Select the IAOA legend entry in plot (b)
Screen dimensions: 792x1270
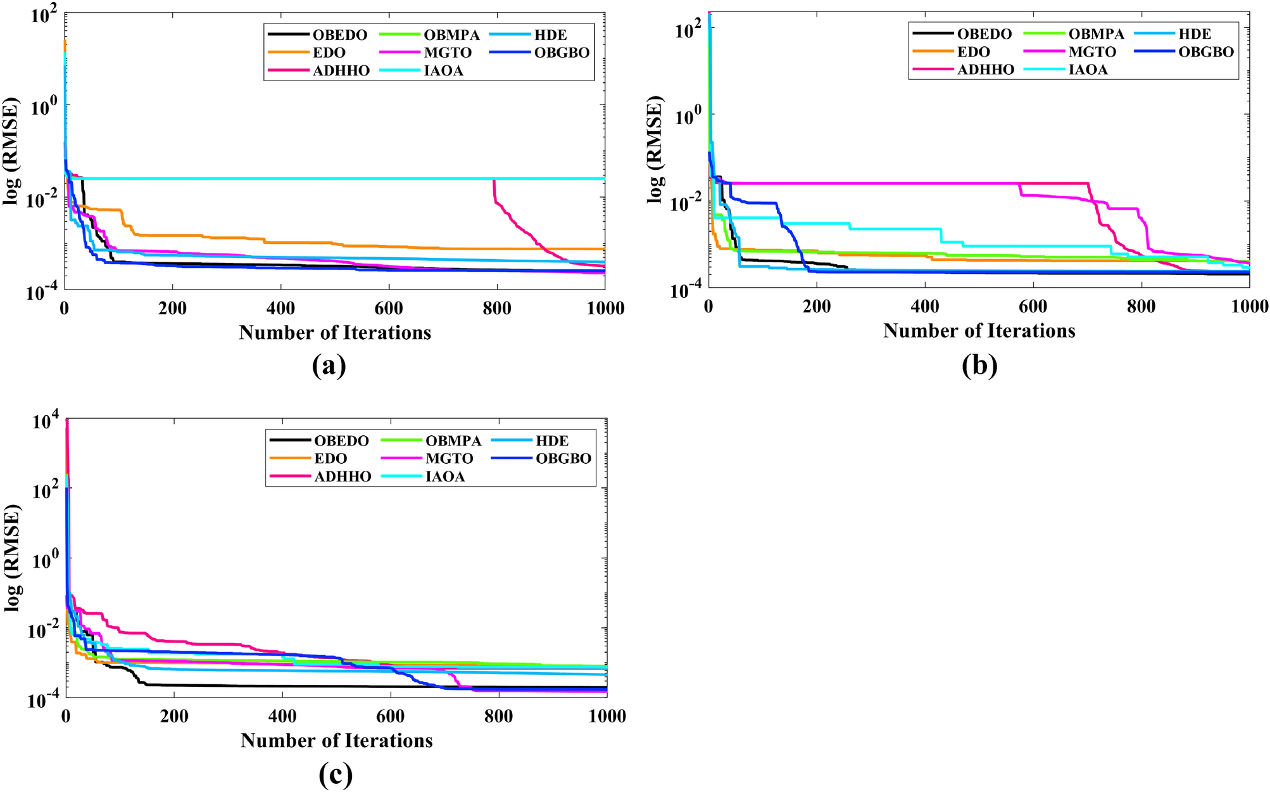click(1088, 70)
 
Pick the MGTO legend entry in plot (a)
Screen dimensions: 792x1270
click(448, 53)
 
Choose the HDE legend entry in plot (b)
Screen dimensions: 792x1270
click(1194, 34)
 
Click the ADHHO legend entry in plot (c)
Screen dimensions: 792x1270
click(342, 476)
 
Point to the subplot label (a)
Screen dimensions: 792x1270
click(329, 366)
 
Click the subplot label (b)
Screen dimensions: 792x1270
click(979, 366)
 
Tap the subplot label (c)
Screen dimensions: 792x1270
click(336, 774)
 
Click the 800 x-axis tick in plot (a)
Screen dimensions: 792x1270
click(497, 309)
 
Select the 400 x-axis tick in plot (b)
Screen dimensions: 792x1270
click(925, 307)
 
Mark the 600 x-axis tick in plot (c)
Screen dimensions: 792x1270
click(391, 717)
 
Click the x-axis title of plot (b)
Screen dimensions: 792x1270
click(979, 331)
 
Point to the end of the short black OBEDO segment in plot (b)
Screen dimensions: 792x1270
click(846, 267)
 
